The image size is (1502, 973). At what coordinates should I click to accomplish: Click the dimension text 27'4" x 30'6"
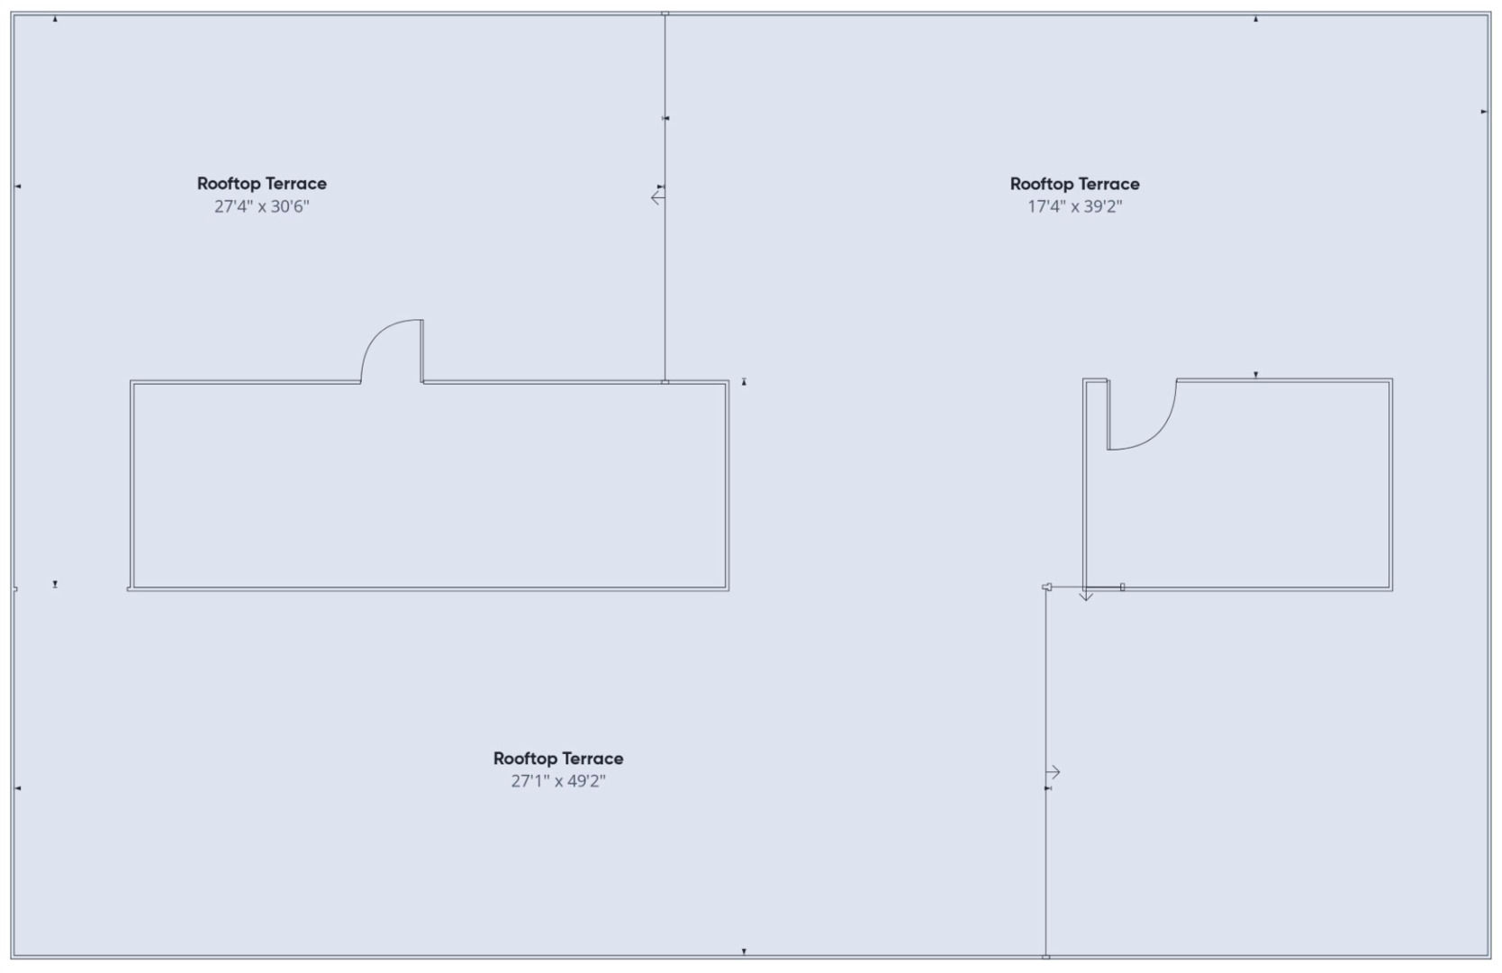[261, 206]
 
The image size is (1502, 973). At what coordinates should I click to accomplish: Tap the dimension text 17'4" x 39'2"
[1075, 206]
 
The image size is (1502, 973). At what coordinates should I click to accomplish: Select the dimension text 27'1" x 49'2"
[558, 781]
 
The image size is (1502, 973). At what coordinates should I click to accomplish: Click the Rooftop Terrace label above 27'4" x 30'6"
[261, 183]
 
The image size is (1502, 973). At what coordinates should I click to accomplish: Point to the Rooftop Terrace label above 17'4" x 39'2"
[1075, 183]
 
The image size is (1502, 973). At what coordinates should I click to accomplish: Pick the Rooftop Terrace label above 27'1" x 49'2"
[558, 759]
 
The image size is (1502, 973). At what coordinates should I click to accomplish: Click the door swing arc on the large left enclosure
[377, 336]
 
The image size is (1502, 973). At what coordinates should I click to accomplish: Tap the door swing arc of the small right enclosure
[1159, 431]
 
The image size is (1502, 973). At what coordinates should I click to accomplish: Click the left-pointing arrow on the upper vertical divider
[657, 198]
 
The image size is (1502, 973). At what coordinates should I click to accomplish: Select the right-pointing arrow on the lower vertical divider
[1054, 772]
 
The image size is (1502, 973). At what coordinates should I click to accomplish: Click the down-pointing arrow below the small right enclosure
[1086, 595]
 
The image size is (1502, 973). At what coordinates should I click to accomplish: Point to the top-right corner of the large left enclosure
[728, 381]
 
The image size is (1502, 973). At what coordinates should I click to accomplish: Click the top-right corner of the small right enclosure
[1392, 379]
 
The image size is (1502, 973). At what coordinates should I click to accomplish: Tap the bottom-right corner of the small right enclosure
[1392, 590]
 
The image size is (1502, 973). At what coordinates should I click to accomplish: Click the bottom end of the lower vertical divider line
[1045, 956]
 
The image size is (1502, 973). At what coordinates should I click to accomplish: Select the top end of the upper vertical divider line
[665, 14]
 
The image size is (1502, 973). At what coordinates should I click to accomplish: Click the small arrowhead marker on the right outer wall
[1483, 112]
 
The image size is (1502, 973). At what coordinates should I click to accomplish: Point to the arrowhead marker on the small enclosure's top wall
[1256, 375]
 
